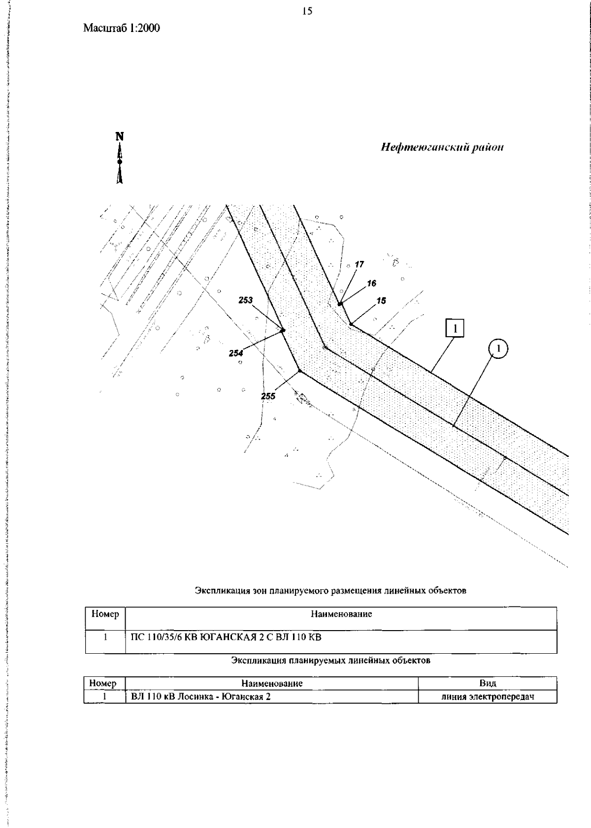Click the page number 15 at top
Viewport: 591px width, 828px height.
pyautogui.click(x=307, y=11)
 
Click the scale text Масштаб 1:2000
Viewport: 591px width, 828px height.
pyautogui.click(x=122, y=28)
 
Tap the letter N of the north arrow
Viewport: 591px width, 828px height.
pyautogui.click(x=120, y=137)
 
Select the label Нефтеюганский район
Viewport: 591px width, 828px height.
pyautogui.click(x=442, y=148)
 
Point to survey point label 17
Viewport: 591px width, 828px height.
pyautogui.click(x=359, y=264)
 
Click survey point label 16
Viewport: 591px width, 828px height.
pyautogui.click(x=371, y=283)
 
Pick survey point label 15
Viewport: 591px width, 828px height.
pyautogui.click(x=381, y=300)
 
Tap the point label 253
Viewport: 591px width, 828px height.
pyautogui.click(x=245, y=300)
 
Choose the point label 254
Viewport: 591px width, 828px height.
pyautogui.click(x=235, y=353)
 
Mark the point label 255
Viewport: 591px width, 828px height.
pyautogui.click(x=268, y=396)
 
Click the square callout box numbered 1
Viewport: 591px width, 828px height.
pyautogui.click(x=455, y=328)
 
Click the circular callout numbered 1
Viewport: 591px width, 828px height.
pyautogui.click(x=498, y=349)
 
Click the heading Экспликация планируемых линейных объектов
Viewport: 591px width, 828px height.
pyautogui.click(x=330, y=660)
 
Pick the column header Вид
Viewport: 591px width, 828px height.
pyautogui.click(x=488, y=683)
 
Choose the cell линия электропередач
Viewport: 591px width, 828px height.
pyautogui.click(x=488, y=697)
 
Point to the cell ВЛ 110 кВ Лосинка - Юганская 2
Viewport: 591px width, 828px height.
pyautogui.click(x=201, y=697)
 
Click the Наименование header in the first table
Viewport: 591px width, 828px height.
pyautogui.click(x=341, y=614)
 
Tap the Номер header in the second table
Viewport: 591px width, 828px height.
pyautogui.click(x=103, y=683)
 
